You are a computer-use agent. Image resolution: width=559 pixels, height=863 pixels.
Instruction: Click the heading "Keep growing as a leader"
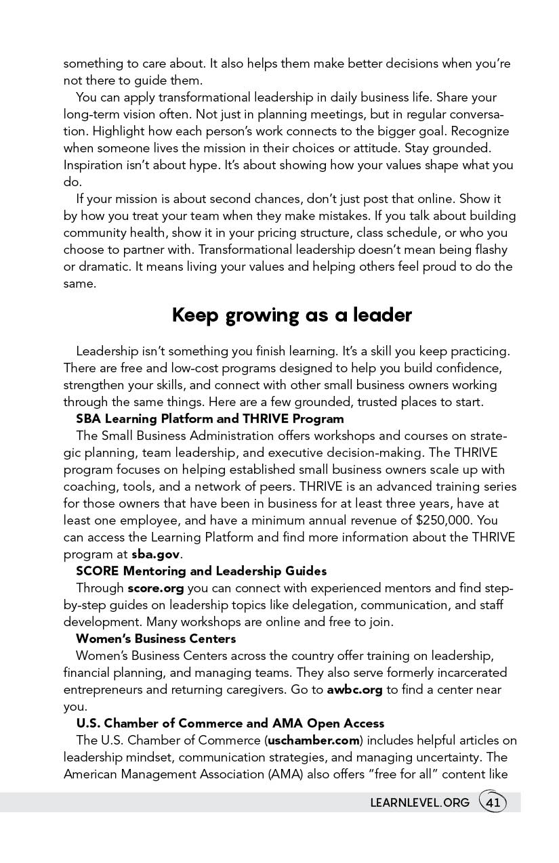coord(291,315)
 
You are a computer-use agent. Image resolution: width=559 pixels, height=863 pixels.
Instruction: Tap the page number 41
coord(493,803)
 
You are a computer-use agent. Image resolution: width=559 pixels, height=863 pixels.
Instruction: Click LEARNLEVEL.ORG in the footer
coord(419,803)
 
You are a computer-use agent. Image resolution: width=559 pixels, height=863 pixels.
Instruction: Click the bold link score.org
coord(156,588)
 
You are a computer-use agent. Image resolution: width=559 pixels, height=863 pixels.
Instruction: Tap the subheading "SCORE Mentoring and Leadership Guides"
coord(201,571)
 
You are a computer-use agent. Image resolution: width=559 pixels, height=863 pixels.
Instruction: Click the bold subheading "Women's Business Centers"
coord(156,639)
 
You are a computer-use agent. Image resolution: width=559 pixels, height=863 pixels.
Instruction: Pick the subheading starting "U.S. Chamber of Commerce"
coord(230,724)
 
